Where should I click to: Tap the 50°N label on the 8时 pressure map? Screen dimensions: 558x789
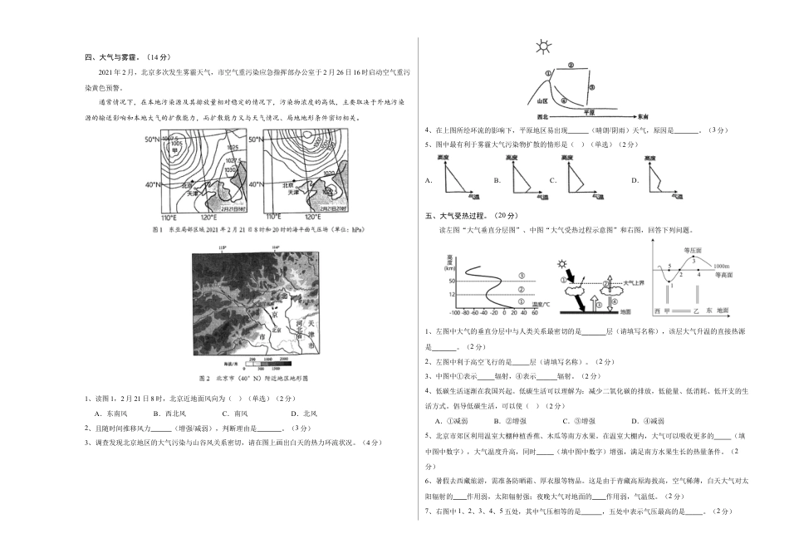click(152, 139)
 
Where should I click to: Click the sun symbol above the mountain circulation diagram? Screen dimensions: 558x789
click(543, 46)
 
